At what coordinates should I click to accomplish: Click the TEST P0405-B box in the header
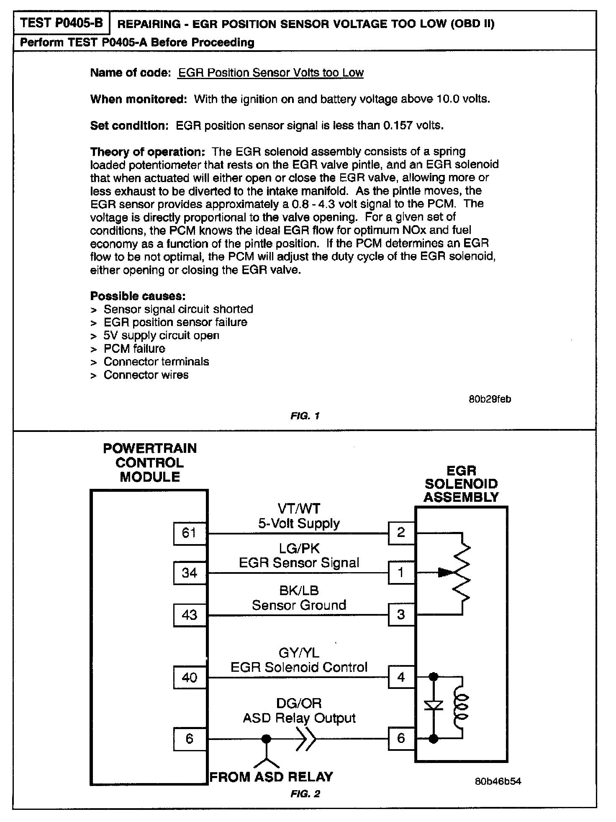(62, 23)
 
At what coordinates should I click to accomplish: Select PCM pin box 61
(190, 533)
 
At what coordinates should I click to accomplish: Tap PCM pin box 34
(190, 573)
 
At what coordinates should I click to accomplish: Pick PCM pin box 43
(190, 615)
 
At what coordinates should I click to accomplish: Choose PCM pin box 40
(190, 677)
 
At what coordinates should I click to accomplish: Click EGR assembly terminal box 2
(401, 533)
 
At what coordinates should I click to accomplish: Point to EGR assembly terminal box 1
(401, 572)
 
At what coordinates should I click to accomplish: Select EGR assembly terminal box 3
(401, 614)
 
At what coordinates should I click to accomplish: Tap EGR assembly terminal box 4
(401, 677)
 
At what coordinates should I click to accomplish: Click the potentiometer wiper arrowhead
(444, 573)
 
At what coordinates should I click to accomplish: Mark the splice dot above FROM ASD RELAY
(266, 739)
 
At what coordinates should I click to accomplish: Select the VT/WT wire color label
(299, 509)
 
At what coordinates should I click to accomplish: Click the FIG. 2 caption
(305, 794)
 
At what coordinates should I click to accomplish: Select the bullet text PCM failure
(134, 349)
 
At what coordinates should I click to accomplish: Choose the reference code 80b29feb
(490, 399)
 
